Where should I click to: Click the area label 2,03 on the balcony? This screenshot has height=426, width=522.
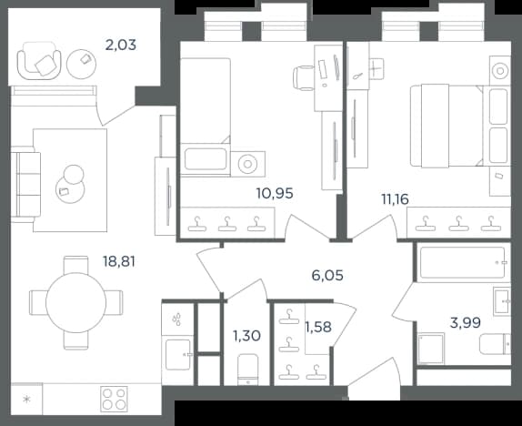click(x=121, y=45)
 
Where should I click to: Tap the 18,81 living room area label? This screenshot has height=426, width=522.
click(x=119, y=261)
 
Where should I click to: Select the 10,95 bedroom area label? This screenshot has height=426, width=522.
click(x=275, y=193)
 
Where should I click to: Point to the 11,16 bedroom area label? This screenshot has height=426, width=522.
click(x=395, y=199)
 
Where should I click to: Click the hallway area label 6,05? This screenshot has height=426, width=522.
click(x=327, y=276)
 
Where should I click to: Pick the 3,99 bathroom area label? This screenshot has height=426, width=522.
click(x=465, y=322)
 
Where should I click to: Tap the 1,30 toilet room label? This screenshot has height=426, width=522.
click(x=246, y=336)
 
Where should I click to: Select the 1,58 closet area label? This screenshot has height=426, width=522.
click(x=318, y=328)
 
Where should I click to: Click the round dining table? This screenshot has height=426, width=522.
click(x=75, y=302)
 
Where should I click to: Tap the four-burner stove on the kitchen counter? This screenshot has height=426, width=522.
click(x=115, y=399)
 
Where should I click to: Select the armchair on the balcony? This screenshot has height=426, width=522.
click(x=39, y=61)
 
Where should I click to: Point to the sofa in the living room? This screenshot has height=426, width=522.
click(x=25, y=185)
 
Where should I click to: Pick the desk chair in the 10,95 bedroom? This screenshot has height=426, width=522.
click(x=304, y=78)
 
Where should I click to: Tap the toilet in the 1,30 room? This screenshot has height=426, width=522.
click(x=248, y=370)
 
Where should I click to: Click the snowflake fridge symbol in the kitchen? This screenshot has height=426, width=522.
click(x=26, y=400)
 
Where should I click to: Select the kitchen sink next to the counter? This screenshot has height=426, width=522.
click(x=178, y=355)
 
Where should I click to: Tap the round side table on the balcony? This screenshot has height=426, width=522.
click(x=81, y=64)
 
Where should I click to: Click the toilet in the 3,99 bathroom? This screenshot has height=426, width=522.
click(x=495, y=344)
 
